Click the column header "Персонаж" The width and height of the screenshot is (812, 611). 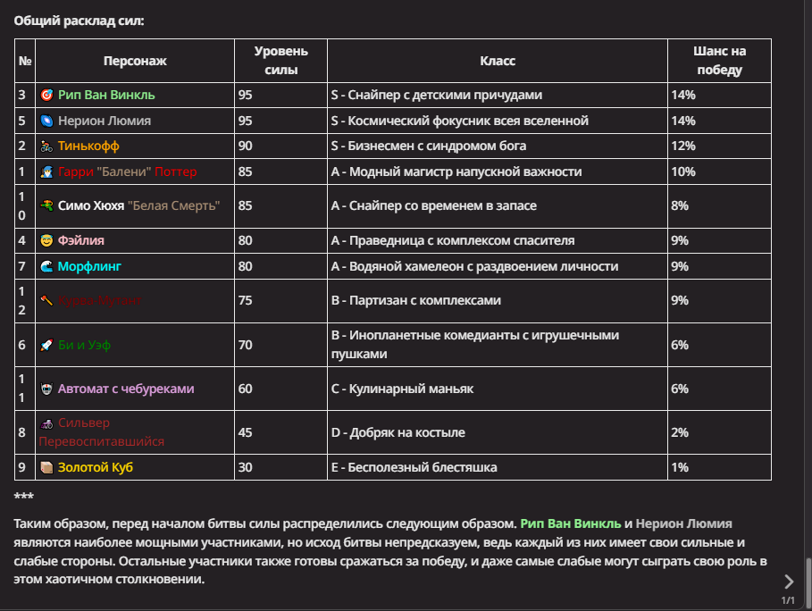tap(135, 61)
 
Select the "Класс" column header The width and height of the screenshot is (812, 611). tap(498, 61)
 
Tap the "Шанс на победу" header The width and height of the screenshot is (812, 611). tap(719, 61)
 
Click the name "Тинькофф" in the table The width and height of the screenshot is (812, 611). tap(88, 146)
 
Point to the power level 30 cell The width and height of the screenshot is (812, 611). tap(245, 467)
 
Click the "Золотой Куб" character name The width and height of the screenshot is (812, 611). tap(96, 467)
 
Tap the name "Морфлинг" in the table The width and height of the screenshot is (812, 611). tap(89, 266)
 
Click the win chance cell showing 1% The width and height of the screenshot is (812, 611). tap(680, 467)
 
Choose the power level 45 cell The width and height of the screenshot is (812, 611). tap(245, 432)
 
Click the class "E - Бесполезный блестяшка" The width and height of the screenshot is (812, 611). tap(414, 467)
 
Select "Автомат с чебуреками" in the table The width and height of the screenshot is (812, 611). tap(126, 389)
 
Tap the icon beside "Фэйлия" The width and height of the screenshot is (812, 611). tap(47, 240)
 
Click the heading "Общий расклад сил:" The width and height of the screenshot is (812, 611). tap(79, 19)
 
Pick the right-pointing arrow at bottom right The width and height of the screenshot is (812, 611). tap(788, 582)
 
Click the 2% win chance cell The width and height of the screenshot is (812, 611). tap(680, 432)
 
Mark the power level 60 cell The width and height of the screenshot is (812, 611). tap(245, 389)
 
